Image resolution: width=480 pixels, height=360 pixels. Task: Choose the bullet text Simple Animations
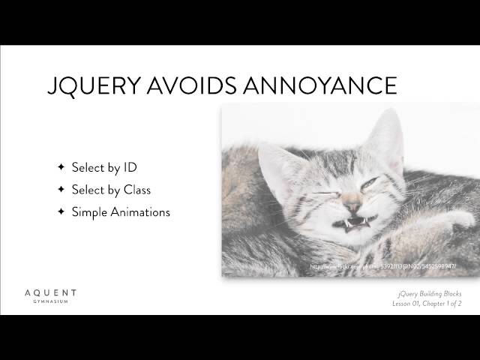(x=121, y=212)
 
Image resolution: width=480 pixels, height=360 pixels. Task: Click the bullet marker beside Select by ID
(x=61, y=167)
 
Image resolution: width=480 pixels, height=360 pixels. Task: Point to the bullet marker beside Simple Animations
(x=61, y=212)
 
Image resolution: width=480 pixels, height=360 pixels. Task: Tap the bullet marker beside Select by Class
(x=61, y=190)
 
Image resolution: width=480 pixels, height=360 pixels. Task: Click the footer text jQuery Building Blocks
(x=426, y=294)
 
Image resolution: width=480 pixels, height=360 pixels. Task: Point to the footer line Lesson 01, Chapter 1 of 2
(x=425, y=304)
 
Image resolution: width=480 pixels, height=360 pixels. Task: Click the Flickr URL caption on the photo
(x=383, y=267)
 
